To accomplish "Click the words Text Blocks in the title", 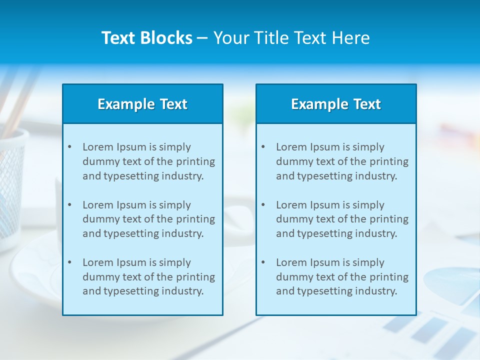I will point(146,38).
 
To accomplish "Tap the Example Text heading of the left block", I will point(142,104).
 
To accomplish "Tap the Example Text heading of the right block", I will point(336,104).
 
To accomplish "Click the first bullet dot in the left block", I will point(69,147).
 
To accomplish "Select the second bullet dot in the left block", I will point(69,205).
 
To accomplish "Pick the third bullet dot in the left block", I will point(69,262).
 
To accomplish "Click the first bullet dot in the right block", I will point(263,147).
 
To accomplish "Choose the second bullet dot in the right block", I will point(263,205).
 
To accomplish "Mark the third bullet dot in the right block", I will point(263,262).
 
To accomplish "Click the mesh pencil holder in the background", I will point(11,185).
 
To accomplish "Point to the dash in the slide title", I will point(202,38).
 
